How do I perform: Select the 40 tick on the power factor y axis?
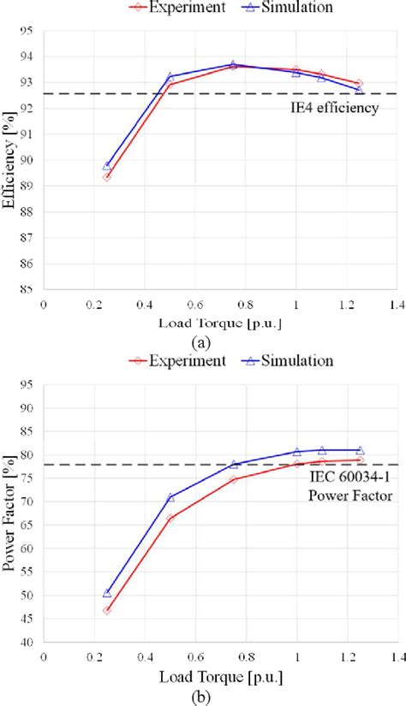coord(24,642)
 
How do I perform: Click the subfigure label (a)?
coord(202,341)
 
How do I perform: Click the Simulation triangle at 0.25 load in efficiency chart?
coord(107,165)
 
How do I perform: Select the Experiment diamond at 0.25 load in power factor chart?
coord(107,610)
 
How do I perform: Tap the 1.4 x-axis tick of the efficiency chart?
coord(397,305)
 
